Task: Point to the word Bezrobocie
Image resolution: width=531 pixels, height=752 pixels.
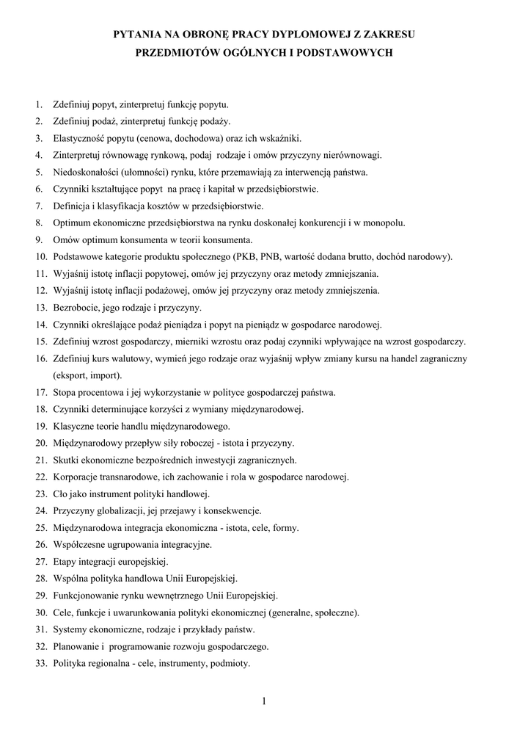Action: pyautogui.click(x=76, y=308)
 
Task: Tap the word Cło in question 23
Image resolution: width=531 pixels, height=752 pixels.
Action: pyautogui.click(x=60, y=493)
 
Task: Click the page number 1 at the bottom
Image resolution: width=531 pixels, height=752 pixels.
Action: pyautogui.click(x=263, y=701)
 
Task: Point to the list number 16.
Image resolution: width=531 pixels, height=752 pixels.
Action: pyautogui.click(x=40, y=358)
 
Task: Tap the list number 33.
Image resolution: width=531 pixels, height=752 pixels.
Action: pyautogui.click(x=40, y=663)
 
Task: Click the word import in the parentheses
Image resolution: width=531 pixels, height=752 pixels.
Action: pyautogui.click(x=97, y=375)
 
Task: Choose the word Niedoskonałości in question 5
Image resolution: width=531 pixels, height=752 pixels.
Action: pyautogui.click(x=87, y=173)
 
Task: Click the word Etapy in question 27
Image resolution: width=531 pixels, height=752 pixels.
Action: pyautogui.click(x=65, y=562)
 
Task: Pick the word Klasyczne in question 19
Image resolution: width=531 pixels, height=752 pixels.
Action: pyautogui.click(x=73, y=426)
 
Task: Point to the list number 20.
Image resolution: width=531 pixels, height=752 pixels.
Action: pyautogui.click(x=40, y=443)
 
